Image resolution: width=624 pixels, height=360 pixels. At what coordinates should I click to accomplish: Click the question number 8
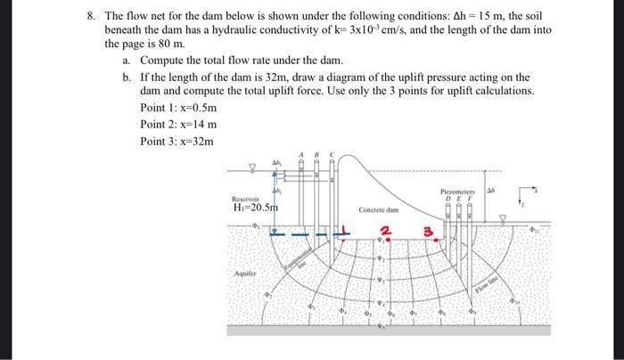click(x=89, y=17)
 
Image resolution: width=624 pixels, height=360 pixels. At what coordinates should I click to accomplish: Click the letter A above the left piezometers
click(x=301, y=154)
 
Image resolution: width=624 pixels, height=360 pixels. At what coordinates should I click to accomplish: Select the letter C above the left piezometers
click(x=332, y=154)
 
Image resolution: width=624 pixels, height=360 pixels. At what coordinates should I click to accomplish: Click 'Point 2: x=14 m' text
click(x=178, y=124)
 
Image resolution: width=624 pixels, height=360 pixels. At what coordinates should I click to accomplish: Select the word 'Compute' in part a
click(x=165, y=60)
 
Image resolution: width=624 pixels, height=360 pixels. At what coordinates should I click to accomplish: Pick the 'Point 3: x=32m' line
click(x=177, y=141)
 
